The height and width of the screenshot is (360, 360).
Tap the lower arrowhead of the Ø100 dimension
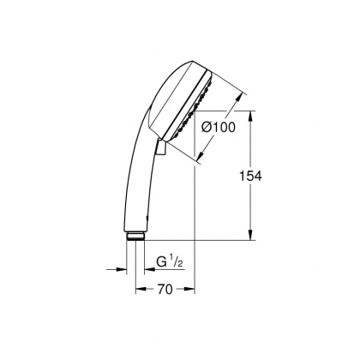[x=201, y=159]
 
